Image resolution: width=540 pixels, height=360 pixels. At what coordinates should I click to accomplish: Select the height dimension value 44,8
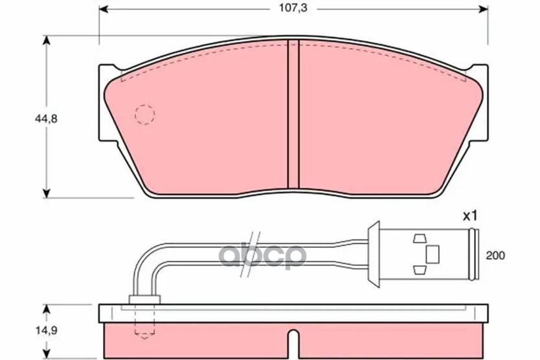click(46, 119)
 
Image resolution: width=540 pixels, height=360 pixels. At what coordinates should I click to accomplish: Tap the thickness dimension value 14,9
click(46, 330)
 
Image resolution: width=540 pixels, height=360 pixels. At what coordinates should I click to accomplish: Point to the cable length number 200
click(495, 256)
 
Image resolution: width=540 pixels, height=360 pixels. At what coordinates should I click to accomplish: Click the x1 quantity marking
click(470, 216)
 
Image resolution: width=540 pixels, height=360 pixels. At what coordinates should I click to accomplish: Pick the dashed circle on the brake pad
click(144, 114)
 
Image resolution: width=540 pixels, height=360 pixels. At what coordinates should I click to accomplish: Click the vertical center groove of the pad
click(293, 115)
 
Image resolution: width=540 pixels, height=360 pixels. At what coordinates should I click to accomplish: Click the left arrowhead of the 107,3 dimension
click(104, 9)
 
